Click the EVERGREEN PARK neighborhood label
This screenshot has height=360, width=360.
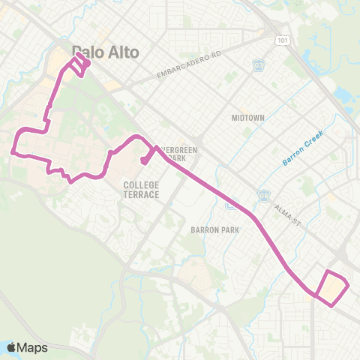coord(180,154)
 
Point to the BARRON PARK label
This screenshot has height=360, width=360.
coord(214,230)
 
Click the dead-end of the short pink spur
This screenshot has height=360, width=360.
coord(142,160)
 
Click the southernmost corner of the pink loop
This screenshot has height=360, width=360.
coord(334,304)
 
